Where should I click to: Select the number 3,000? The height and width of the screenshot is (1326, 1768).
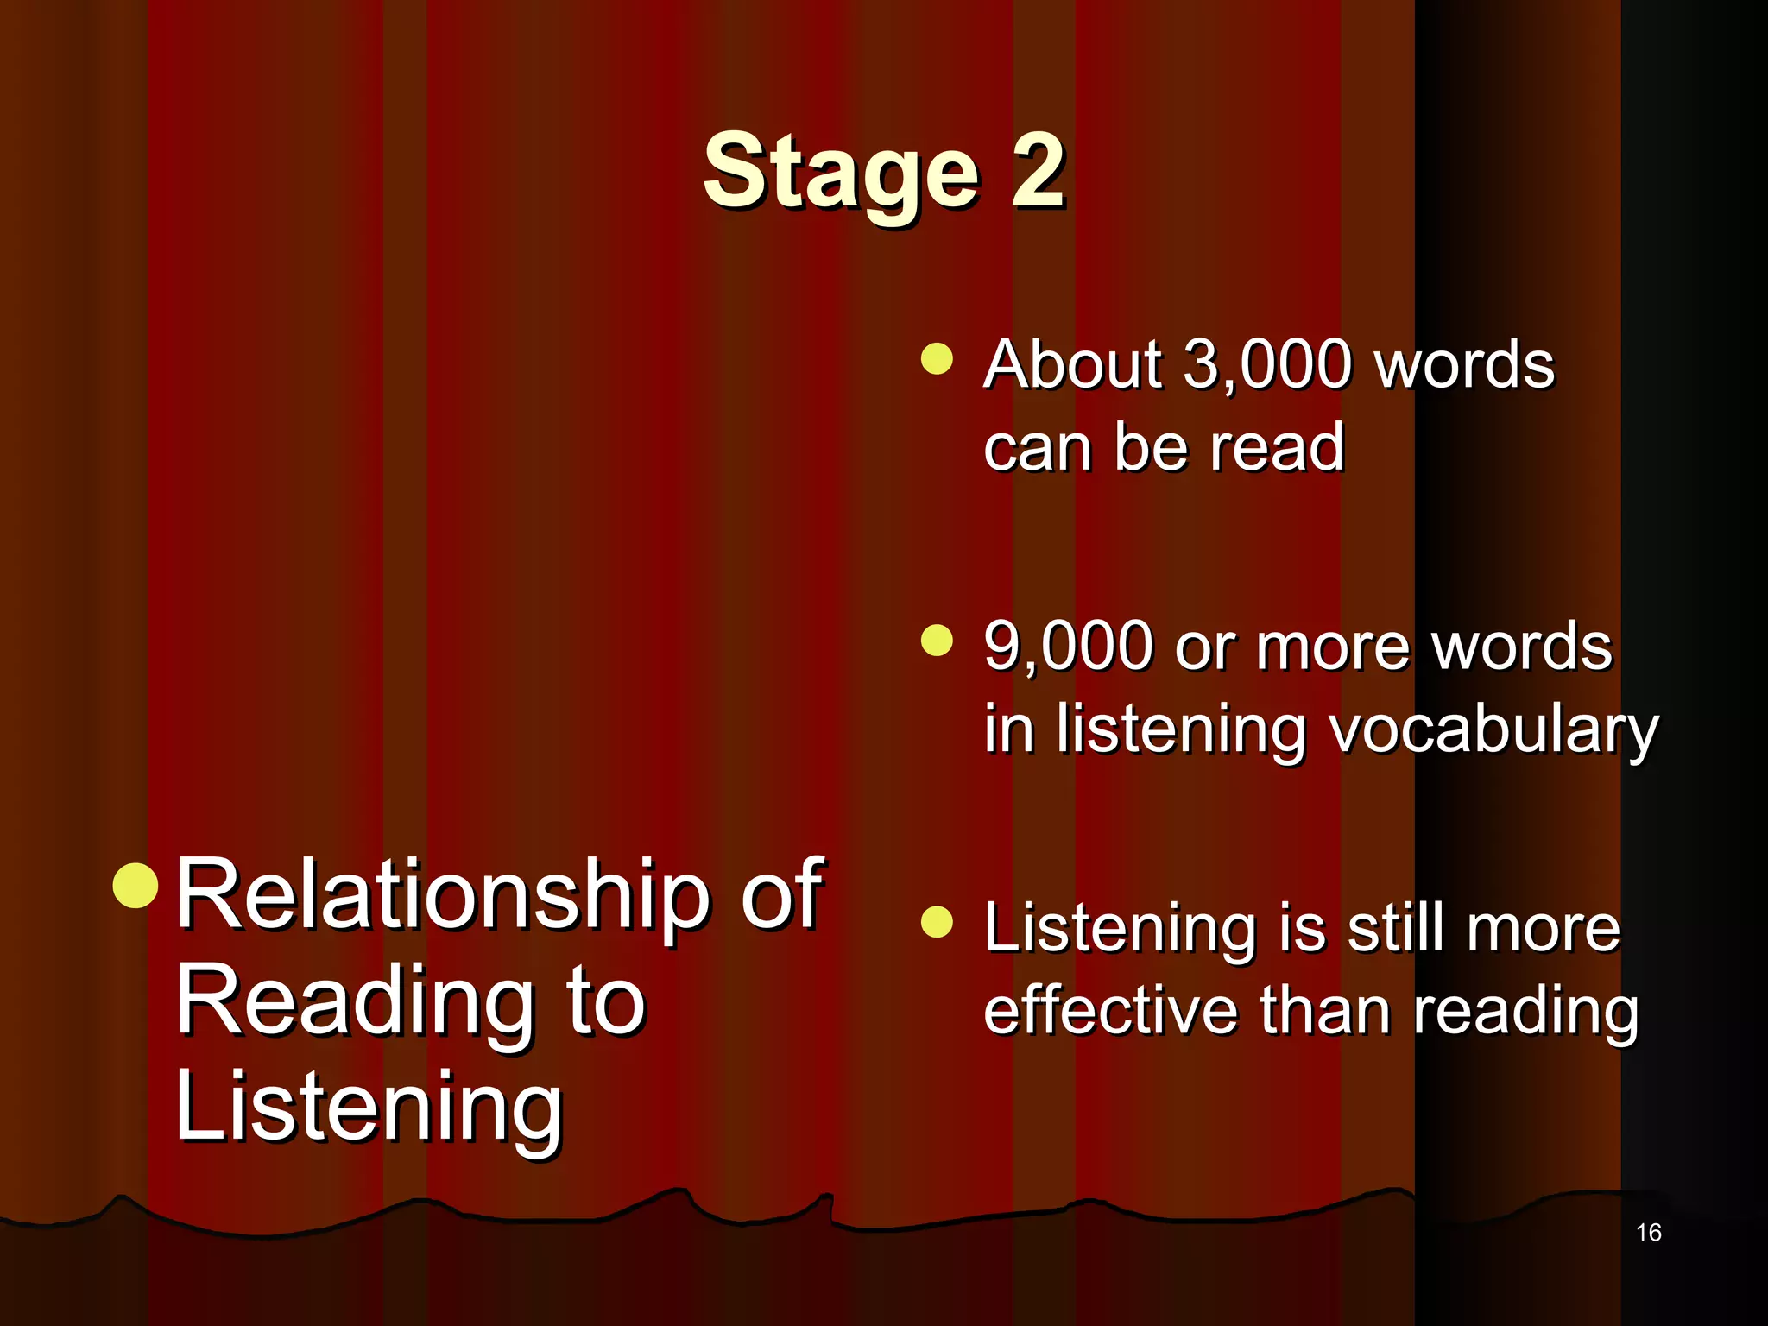pos(1266,364)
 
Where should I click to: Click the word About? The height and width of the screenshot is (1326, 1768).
pos(1072,364)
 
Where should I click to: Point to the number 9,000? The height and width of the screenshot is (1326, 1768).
pos(1068,647)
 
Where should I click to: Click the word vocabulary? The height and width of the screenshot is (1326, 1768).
pos(1493,730)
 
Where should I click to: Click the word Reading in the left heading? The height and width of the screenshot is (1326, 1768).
pos(355,1001)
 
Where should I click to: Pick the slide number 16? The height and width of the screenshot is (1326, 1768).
pos(1648,1233)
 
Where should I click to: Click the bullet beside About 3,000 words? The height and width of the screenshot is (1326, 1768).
pos(937,359)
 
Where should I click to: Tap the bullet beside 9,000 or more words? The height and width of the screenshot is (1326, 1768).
pos(937,641)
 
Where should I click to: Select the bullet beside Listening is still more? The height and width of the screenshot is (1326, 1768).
pos(937,921)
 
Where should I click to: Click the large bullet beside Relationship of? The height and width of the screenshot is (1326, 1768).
pos(136,886)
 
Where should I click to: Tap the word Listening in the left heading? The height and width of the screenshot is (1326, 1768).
pos(369,1108)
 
